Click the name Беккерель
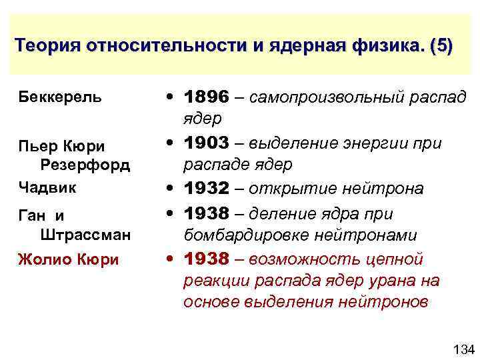60,97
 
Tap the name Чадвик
47,187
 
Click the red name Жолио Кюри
69,260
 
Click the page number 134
462,349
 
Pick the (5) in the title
441,47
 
